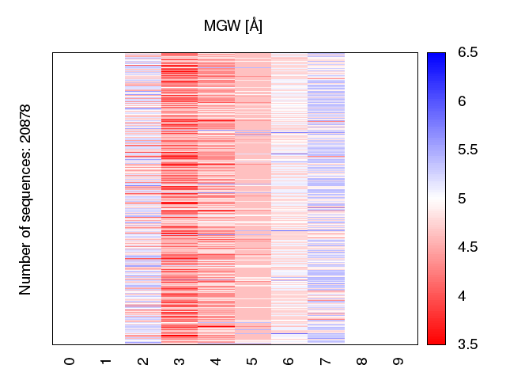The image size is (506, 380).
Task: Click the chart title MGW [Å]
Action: [233, 26]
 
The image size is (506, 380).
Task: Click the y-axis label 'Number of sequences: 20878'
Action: [26, 199]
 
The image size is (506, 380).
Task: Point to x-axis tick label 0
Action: [70, 361]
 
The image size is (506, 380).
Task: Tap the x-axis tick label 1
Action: [106, 361]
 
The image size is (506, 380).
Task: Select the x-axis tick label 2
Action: [143, 361]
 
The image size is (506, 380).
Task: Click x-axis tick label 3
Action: [179, 361]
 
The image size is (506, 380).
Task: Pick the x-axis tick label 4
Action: [216, 361]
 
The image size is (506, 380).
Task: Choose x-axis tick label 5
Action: [252, 361]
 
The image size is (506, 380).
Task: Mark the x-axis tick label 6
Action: [289, 361]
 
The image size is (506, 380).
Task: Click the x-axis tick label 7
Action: [326, 361]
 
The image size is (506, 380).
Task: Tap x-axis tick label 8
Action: [362, 361]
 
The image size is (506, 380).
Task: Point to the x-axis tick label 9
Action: [398, 361]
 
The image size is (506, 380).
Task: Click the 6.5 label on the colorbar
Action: [467, 53]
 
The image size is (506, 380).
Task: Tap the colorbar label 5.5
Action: [467, 150]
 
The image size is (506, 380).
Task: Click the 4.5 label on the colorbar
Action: [467, 248]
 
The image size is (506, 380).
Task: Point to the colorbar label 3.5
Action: [467, 344]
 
